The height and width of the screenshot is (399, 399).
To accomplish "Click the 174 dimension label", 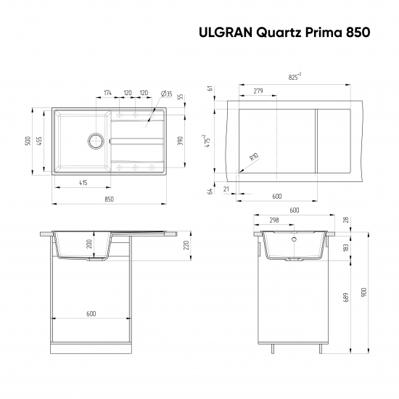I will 108,93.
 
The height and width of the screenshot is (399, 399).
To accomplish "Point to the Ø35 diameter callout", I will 165,94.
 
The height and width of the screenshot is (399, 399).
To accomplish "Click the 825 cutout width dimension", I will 295,76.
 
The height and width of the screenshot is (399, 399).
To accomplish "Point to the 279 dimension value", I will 258,91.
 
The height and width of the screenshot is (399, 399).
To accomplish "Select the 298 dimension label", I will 274,221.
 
